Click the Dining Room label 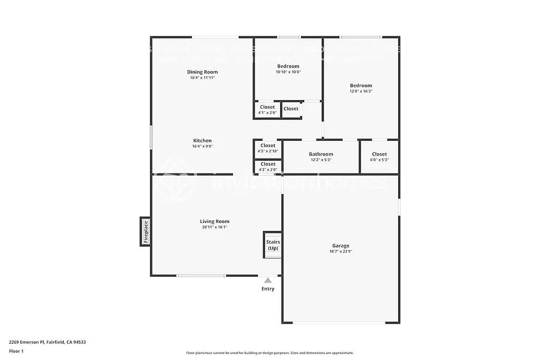[202, 72]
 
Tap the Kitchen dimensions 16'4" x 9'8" [202, 147]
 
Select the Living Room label [215, 221]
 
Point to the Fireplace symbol [146, 231]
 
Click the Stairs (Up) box [273, 245]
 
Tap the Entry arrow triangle [268, 280]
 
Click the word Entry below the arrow [268, 289]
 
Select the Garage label [341, 246]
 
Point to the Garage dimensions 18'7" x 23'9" [341, 252]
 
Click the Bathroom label [321, 154]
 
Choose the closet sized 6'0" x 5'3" [379, 157]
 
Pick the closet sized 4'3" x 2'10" [268, 148]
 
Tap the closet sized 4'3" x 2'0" [268, 167]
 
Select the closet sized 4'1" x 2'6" [267, 110]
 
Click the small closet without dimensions [291, 109]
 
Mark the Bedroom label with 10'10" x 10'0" [288, 66]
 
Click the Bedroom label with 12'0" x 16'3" [361, 85]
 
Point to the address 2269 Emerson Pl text [47, 342]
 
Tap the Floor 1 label [16, 351]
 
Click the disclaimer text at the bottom [269, 353]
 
